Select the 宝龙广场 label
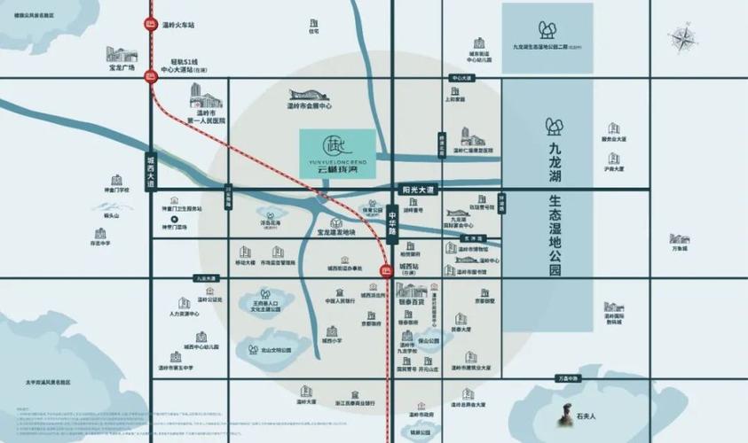pos(121,67)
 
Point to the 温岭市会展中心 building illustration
pos(309,94)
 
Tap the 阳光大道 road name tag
pos(416,190)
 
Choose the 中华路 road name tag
pos(391,220)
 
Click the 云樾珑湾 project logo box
pos(337,152)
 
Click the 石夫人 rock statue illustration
pos(560,414)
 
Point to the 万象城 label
pos(679,249)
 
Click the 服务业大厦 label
pos(613,139)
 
